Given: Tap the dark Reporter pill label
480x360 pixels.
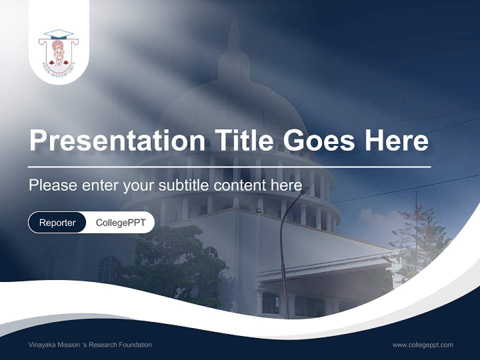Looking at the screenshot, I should (57, 222).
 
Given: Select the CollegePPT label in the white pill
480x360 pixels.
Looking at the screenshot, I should (120, 222).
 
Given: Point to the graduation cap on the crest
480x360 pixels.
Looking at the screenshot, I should (58, 34).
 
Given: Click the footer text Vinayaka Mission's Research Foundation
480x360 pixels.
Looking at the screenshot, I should (90, 345).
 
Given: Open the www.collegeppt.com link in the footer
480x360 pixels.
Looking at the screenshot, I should (422, 345).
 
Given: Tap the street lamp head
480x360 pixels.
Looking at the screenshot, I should (304, 190).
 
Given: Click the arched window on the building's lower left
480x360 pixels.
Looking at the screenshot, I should (108, 270).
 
